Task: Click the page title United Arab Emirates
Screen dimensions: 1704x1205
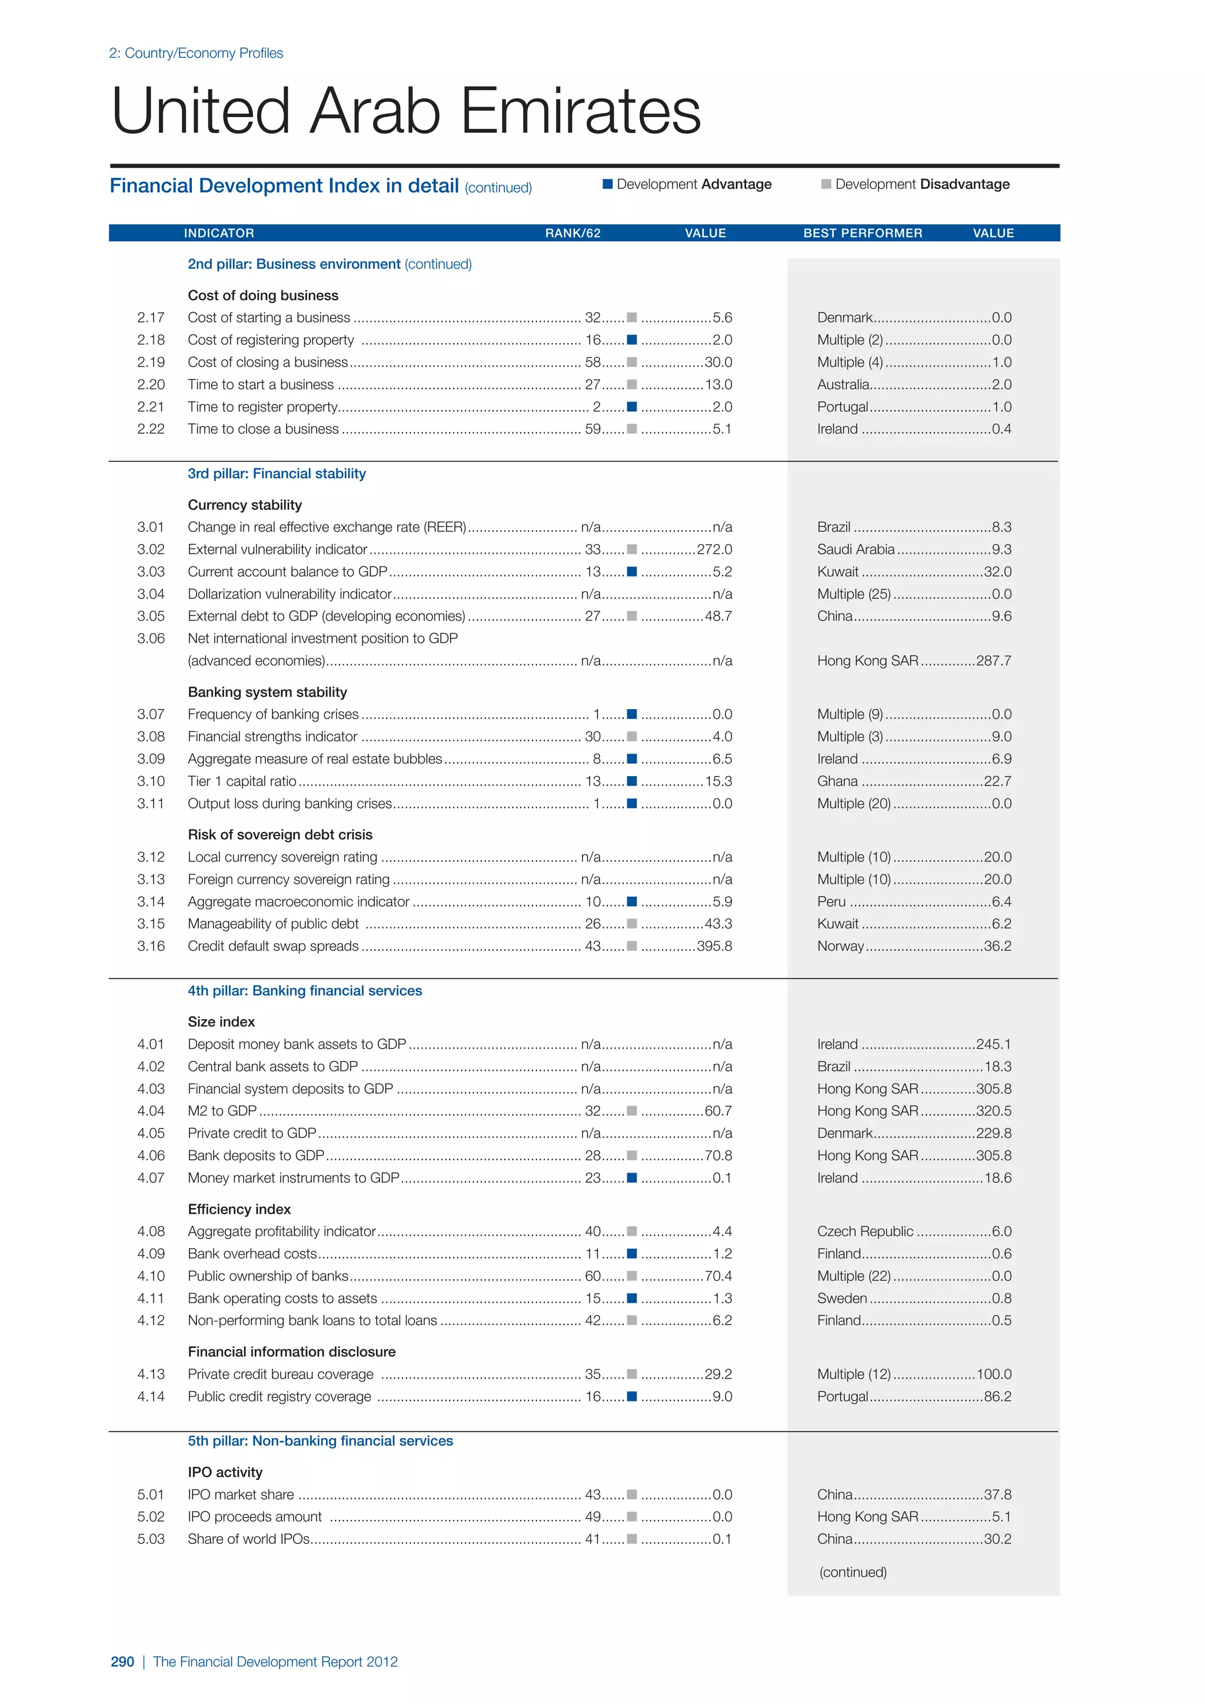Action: coord(406,111)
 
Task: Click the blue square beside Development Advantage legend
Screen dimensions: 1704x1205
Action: coord(608,184)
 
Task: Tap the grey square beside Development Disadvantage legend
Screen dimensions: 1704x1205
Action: coord(826,184)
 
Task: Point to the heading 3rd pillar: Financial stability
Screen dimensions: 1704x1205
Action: coord(276,474)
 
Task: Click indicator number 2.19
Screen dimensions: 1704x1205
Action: coord(151,362)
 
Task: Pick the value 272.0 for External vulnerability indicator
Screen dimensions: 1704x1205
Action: coord(714,549)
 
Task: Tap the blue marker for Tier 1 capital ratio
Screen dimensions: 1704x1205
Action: coord(631,781)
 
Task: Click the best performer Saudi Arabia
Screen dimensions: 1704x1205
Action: coord(856,549)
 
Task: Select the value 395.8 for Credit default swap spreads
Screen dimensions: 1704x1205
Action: coord(714,946)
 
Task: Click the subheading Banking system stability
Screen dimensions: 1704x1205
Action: coord(267,692)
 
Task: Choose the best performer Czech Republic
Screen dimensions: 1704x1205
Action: coord(864,1232)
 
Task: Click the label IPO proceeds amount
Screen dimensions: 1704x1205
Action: coord(255,1516)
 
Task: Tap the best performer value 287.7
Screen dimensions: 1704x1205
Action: coord(994,661)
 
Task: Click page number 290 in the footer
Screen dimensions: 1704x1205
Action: coord(122,1662)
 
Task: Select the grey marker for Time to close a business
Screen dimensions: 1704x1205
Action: coord(631,429)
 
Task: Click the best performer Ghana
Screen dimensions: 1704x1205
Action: coord(837,781)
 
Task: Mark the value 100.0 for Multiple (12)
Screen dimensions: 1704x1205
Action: coord(994,1374)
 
